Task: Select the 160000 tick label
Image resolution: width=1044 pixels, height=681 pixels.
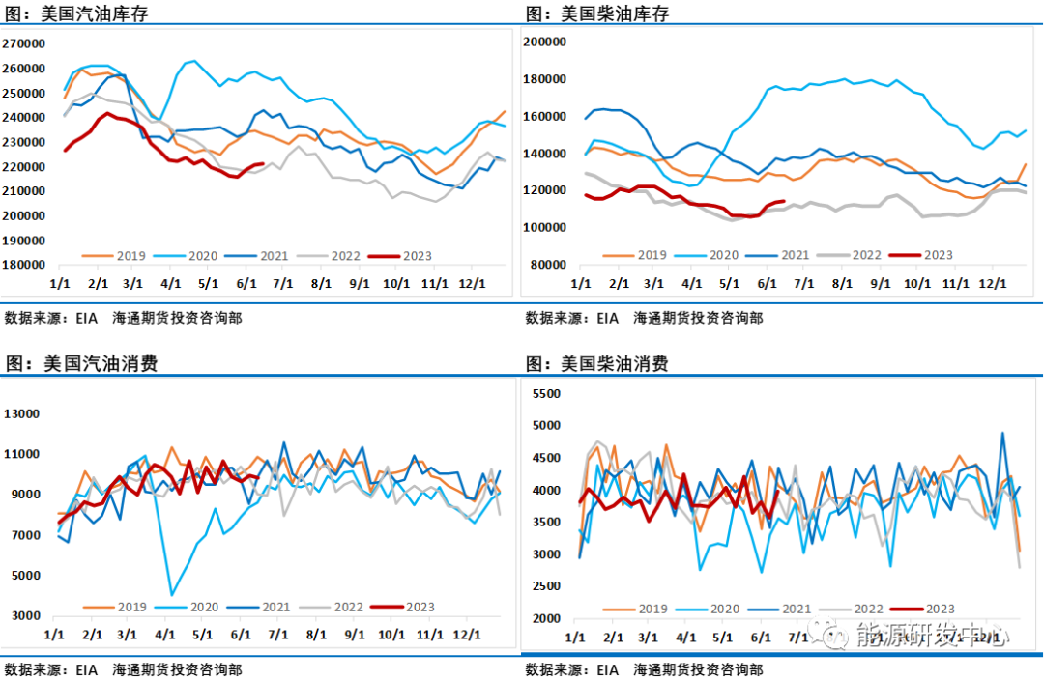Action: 543,117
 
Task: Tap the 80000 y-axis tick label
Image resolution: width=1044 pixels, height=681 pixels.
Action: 546,265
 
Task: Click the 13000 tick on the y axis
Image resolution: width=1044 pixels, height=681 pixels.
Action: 22,414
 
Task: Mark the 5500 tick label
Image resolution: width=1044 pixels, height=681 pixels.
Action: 546,394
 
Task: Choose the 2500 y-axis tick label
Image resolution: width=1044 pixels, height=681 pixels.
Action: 546,586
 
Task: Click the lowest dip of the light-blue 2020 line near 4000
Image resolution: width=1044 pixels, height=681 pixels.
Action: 172,594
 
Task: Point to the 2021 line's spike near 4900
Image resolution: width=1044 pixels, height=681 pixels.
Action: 1002,434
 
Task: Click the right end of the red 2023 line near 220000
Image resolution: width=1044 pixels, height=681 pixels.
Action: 263,164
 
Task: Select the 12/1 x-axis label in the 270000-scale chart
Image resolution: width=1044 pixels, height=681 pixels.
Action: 472,283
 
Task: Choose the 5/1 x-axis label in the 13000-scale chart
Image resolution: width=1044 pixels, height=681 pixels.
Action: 202,634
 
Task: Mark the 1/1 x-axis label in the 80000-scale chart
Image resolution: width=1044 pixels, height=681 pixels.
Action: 580,284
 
